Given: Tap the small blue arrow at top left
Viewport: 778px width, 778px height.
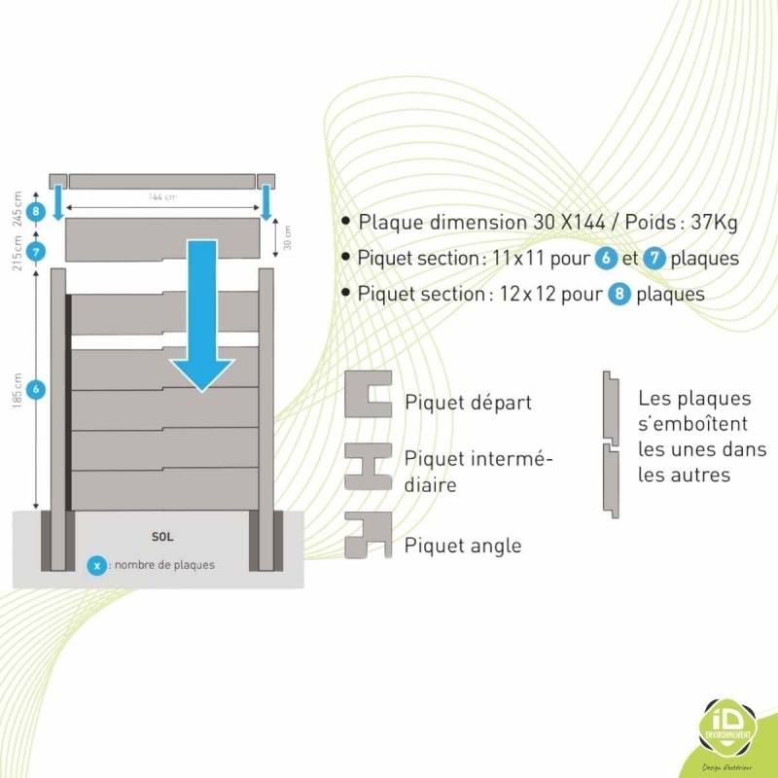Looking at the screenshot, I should (x=57, y=203).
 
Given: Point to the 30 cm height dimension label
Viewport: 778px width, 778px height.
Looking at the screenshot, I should (x=287, y=234).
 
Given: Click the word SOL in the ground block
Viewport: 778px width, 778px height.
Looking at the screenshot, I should (x=162, y=536).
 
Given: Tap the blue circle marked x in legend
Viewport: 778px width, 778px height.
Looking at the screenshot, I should (x=96, y=564).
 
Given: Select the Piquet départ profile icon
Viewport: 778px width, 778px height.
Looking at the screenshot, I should (x=368, y=394).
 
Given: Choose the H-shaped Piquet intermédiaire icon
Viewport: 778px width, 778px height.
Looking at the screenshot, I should (x=368, y=466).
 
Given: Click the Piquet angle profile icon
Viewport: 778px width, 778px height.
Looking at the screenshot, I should (x=368, y=536).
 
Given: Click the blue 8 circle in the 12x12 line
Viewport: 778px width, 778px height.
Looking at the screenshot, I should (x=619, y=293).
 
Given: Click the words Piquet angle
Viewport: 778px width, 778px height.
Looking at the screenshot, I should (x=463, y=546).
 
